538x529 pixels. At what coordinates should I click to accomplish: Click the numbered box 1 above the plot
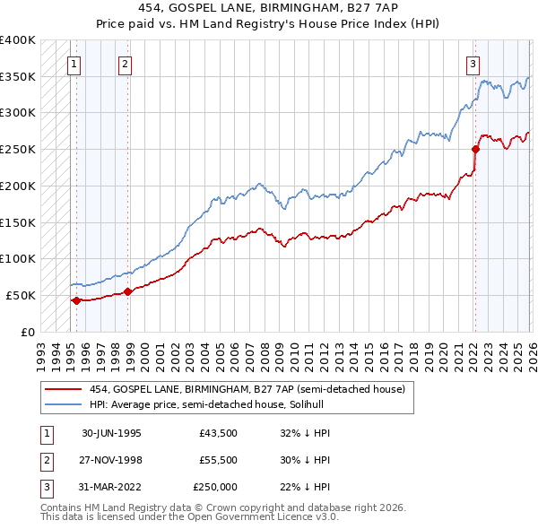click(73, 64)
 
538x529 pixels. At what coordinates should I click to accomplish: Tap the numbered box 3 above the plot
click(472, 64)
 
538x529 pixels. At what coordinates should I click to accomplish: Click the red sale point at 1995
click(76, 300)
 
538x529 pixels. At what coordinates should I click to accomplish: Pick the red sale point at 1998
click(127, 291)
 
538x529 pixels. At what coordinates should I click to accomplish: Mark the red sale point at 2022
click(475, 149)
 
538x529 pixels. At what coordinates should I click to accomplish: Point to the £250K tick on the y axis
click(18, 149)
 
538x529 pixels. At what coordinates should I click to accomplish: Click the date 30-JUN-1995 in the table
click(111, 432)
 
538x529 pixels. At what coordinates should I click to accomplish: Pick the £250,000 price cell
click(215, 488)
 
